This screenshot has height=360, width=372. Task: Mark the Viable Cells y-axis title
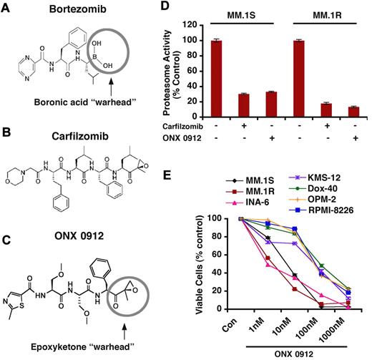pyautogui.click(x=199, y=268)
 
